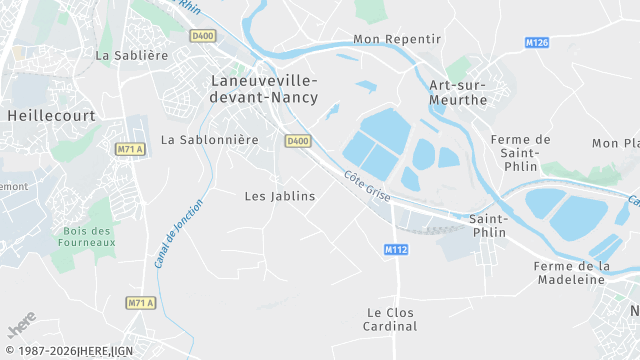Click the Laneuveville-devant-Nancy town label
[x=264, y=88]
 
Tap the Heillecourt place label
[x=51, y=116]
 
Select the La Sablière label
[x=132, y=56]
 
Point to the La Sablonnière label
[x=210, y=140]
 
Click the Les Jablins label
[x=280, y=196]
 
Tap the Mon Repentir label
[x=397, y=39]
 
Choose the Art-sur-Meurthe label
[x=458, y=92]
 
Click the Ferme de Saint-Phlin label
[x=522, y=152]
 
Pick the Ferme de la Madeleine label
[x=572, y=273]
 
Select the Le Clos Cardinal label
[x=391, y=319]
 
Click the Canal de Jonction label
[x=179, y=233]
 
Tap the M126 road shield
[x=537, y=43]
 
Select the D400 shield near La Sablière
[x=203, y=36]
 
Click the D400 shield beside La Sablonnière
[x=297, y=141]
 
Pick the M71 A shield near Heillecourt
[x=130, y=149]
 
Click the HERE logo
[x=21, y=328]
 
